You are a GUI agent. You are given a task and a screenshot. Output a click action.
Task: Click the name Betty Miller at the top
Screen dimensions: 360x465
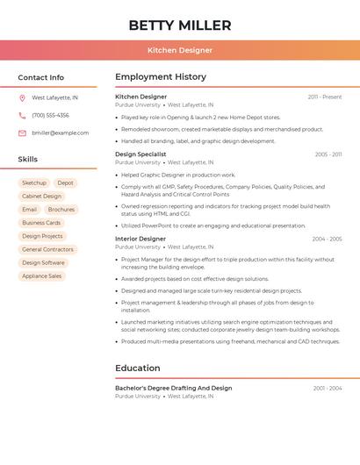point(180,25)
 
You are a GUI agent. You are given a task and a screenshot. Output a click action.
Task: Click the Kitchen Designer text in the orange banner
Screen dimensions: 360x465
point(180,50)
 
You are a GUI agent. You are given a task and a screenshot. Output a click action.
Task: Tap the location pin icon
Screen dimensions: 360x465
point(22,98)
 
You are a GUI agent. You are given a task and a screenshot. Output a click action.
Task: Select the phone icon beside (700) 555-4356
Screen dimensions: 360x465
point(22,116)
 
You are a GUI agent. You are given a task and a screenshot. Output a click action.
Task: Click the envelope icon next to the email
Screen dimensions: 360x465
point(22,133)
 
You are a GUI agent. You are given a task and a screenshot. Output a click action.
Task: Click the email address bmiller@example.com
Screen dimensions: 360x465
point(60,133)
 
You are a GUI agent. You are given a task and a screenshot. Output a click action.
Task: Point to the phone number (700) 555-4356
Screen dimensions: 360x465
point(50,116)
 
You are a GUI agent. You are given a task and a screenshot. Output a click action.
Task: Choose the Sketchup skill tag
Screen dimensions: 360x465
point(34,183)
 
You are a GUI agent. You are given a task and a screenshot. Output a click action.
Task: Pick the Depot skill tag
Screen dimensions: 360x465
point(66,183)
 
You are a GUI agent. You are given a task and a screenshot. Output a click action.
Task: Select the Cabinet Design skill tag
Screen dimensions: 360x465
point(41,197)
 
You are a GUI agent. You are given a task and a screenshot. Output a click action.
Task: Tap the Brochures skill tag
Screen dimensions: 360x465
point(61,210)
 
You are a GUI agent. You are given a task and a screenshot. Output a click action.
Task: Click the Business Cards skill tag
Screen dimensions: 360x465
point(41,223)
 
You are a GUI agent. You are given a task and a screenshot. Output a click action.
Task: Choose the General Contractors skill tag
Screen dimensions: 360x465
point(47,249)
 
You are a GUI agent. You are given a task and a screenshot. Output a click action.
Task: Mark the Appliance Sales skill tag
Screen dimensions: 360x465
point(41,275)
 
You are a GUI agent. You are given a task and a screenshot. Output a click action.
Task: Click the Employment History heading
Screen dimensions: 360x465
point(161,77)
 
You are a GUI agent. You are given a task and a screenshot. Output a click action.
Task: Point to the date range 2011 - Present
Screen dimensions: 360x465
point(324,97)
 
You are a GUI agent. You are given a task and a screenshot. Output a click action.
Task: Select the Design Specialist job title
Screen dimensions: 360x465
point(140,154)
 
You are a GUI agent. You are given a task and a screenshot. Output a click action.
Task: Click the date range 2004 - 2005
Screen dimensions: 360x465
point(327,239)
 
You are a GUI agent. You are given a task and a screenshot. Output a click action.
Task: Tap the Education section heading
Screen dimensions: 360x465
point(138,368)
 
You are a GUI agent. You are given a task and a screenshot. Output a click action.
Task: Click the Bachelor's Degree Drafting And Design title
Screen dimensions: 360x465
point(174,388)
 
